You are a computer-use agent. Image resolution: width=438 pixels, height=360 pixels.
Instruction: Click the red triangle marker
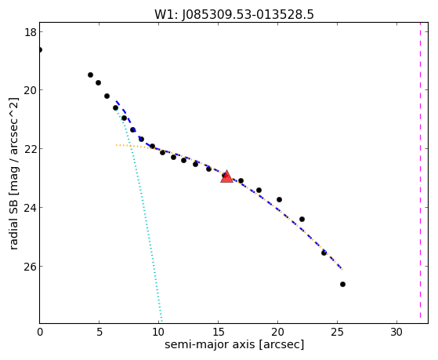click(x=226, y=176)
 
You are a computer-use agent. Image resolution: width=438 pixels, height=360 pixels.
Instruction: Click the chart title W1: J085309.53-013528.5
click(x=234, y=15)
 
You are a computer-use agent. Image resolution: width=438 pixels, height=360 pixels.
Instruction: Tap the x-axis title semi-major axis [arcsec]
click(x=234, y=344)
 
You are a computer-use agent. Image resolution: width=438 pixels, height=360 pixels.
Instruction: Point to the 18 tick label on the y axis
click(x=30, y=32)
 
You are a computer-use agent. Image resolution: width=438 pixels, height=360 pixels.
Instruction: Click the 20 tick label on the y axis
click(x=30, y=90)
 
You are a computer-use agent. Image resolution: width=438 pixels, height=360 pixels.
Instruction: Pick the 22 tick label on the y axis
click(x=30, y=149)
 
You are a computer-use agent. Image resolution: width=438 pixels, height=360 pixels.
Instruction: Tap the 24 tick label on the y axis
click(x=30, y=208)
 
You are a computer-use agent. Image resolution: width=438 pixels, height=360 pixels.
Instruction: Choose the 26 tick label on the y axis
click(x=30, y=267)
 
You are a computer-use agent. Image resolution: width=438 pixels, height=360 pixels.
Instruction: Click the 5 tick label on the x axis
click(x=100, y=332)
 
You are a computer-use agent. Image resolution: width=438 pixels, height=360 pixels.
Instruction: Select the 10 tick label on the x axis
click(x=158, y=332)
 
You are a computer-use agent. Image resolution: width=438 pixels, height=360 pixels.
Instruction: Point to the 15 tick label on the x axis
click(x=218, y=332)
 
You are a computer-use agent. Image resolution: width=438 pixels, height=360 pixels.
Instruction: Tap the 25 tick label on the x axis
click(x=337, y=332)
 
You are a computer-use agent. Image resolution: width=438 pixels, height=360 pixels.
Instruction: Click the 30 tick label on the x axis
click(x=396, y=332)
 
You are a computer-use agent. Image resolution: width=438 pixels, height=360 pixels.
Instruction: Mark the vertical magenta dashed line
click(x=420, y=173)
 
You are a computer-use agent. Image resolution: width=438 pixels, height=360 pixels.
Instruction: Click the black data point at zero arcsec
click(x=40, y=49)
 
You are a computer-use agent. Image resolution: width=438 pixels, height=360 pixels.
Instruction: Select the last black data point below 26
click(x=342, y=284)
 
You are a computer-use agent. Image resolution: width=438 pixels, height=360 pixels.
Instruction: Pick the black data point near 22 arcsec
click(x=302, y=219)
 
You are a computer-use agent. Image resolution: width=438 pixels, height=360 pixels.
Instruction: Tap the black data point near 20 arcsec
click(x=280, y=199)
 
